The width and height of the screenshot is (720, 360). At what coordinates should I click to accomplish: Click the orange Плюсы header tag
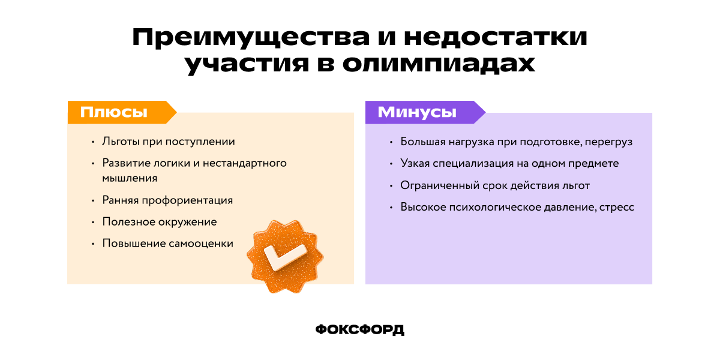(x=114, y=112)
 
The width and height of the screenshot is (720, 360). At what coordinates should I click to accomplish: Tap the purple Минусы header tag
(x=417, y=112)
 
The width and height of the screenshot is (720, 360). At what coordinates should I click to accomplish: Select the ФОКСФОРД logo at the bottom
(x=360, y=329)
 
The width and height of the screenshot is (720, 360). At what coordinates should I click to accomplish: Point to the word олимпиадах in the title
(x=438, y=64)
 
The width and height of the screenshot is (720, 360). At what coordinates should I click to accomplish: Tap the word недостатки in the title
(x=496, y=38)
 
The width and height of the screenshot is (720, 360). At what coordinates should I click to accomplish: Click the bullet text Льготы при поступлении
(x=169, y=142)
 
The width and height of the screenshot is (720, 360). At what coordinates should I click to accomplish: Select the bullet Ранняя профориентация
(x=167, y=200)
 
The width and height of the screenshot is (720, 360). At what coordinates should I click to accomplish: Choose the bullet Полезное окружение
(x=160, y=221)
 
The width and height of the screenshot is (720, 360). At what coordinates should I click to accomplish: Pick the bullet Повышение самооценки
(x=167, y=243)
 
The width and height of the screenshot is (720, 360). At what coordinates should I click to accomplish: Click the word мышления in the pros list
(x=130, y=178)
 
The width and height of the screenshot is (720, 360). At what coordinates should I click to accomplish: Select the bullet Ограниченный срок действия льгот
(x=495, y=185)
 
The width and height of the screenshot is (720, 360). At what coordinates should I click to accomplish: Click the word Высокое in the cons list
(x=422, y=207)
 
